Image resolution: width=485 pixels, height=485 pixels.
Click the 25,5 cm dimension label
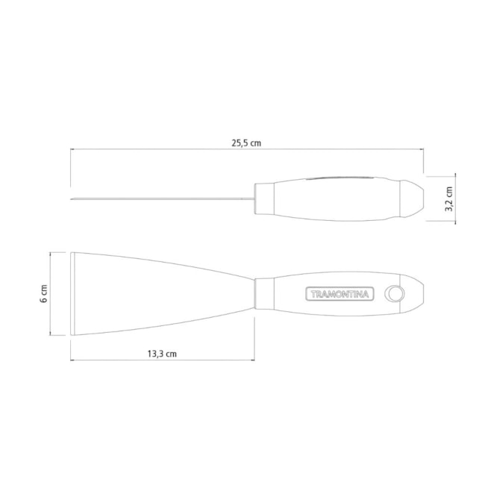coord(246,143)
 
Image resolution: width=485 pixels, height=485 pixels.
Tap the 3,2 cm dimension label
coord(448,199)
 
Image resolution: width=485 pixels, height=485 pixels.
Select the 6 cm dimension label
coord(44,294)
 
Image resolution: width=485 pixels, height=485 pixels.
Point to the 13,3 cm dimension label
coord(162,354)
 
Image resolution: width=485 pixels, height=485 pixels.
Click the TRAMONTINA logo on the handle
coord(339,294)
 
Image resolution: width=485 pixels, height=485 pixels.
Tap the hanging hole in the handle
coord(395,293)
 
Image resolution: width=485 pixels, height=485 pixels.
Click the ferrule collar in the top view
coord(264,294)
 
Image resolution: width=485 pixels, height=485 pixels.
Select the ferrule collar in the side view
coord(264,199)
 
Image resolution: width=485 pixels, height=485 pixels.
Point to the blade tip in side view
coord(71,199)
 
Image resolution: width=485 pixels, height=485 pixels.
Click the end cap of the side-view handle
coord(412,199)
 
